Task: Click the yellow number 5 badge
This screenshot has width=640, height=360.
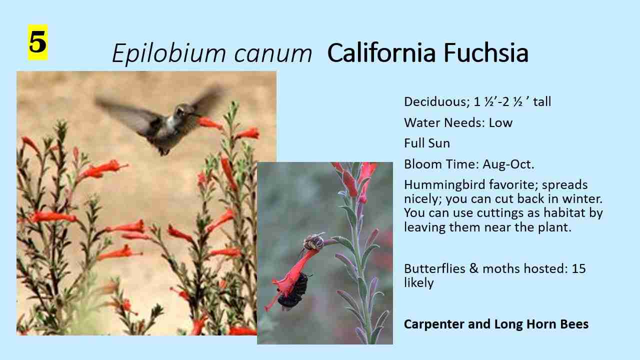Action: coord(37,42)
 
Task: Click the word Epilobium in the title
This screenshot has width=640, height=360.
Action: coord(169,53)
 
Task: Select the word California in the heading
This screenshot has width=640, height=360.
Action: coord(381,52)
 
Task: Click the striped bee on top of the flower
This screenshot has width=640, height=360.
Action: coord(313,241)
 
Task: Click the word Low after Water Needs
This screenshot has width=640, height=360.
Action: coord(500,123)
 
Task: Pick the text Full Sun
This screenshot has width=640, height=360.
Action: coord(427,143)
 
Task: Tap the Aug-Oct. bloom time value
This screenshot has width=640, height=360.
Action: coord(508,164)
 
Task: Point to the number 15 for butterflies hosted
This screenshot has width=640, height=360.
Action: coord(578,269)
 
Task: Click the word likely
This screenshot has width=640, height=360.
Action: coord(419,283)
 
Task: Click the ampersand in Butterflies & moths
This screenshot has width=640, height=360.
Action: coord(473,269)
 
